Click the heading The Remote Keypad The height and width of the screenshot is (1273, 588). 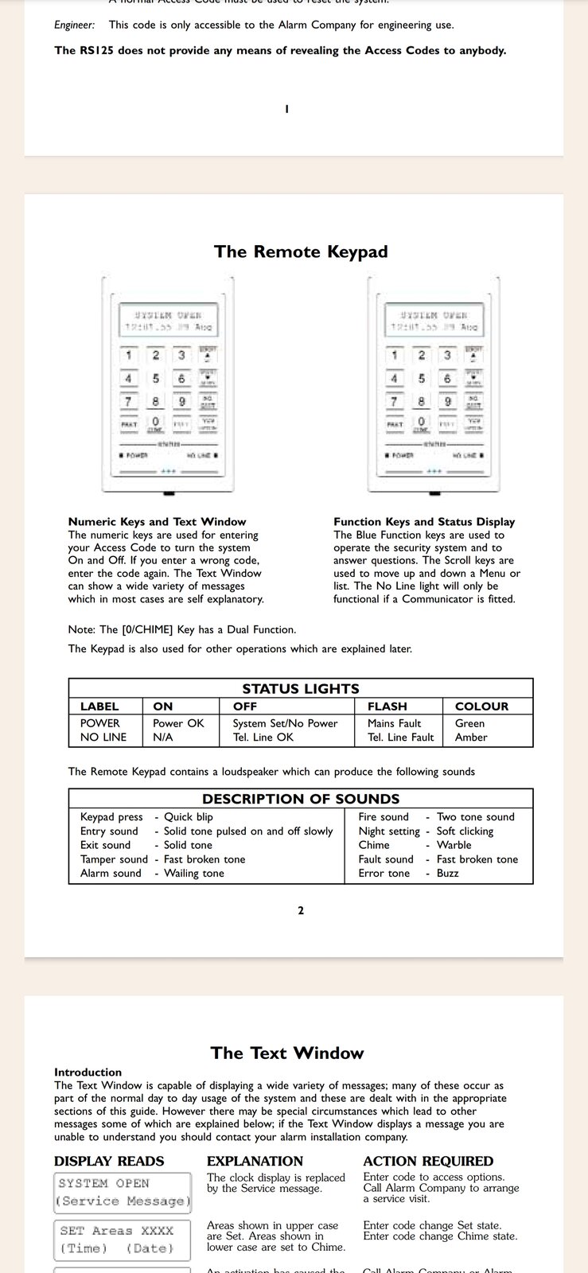pos(301,251)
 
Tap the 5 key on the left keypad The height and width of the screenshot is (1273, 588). pos(156,379)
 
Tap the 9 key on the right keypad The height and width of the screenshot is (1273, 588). pos(447,402)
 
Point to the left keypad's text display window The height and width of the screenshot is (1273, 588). pos(168,320)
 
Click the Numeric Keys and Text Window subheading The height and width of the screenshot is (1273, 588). pos(157,522)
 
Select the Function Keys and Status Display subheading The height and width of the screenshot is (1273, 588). pos(424,522)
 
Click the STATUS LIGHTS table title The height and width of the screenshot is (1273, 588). pos(301,689)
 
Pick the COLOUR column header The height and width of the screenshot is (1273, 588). pos(481,707)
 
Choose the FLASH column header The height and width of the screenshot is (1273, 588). pos(387,707)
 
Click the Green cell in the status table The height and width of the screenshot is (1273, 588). pos(469,723)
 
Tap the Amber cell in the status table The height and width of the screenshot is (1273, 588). pos(471,738)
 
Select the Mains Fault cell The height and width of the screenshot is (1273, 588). pos(394,723)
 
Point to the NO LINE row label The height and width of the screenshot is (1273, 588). pos(103,738)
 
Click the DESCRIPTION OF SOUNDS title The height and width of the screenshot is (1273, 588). pos(301,799)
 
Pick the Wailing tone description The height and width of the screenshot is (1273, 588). pos(194,874)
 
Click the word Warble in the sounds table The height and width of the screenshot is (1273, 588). pos(454,845)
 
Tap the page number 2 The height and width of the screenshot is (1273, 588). pos(301,911)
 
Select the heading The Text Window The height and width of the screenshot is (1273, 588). pos(287,1053)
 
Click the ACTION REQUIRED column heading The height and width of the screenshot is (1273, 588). pos(428,1162)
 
